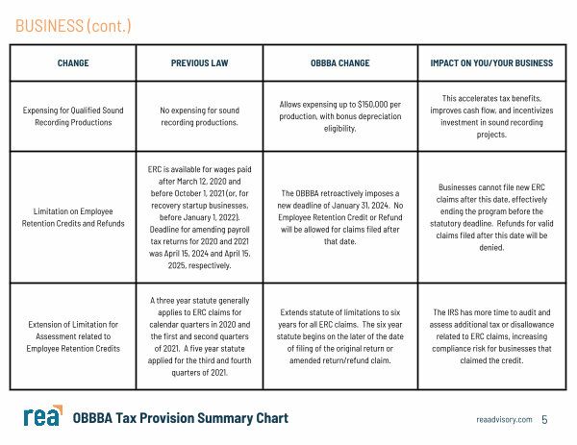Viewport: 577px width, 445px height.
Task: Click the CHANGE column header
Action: [x=73, y=63]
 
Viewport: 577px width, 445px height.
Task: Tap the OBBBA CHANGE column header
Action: [x=339, y=63]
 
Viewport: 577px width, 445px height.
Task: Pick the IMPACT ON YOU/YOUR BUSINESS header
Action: [x=491, y=63]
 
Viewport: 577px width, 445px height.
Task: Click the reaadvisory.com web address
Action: [x=504, y=420]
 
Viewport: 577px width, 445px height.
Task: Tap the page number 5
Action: [x=544, y=420]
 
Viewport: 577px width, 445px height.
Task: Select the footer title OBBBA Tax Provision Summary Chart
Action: [x=181, y=419]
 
